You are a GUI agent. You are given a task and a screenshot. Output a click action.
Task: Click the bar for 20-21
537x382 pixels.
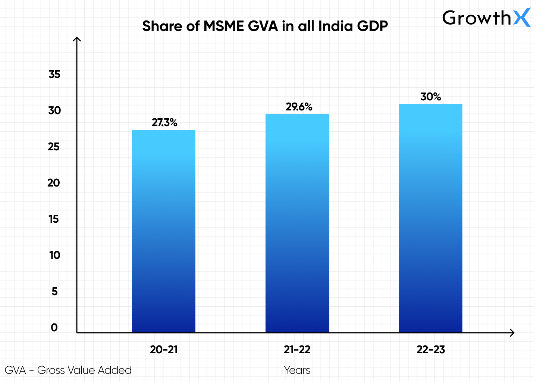(163, 231)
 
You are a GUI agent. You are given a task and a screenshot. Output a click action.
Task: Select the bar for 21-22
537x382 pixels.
(297, 224)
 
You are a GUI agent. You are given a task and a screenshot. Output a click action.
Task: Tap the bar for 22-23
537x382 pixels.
(430, 218)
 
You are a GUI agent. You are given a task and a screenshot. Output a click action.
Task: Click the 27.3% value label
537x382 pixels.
(164, 122)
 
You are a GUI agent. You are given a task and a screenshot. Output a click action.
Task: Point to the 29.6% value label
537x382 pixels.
(299, 107)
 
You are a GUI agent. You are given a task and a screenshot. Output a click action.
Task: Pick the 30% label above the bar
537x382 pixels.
(430, 97)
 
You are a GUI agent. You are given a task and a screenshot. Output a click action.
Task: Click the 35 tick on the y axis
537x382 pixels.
(54, 74)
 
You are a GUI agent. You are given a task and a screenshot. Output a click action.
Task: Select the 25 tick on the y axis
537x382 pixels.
(54, 147)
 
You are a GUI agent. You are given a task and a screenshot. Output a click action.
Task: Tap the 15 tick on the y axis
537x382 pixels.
(54, 219)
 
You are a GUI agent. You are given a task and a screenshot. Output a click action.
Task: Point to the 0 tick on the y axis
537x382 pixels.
(54, 328)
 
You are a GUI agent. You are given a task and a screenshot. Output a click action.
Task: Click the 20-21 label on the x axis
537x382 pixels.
(164, 350)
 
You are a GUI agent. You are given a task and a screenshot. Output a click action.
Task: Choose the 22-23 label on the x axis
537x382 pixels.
(431, 350)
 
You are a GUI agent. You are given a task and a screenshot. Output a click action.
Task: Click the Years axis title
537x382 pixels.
(297, 370)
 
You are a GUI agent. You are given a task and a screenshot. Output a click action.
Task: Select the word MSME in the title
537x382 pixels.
(224, 26)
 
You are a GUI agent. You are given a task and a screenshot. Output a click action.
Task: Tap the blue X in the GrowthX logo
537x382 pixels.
(522, 18)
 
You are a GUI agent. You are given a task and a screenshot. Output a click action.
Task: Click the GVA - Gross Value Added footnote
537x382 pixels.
(68, 370)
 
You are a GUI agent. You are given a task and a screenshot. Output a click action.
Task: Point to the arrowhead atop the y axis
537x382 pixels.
(77, 39)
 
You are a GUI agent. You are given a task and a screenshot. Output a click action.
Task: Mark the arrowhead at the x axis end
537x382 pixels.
(512, 333)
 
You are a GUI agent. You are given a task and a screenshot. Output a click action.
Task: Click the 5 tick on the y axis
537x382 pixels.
(54, 291)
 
